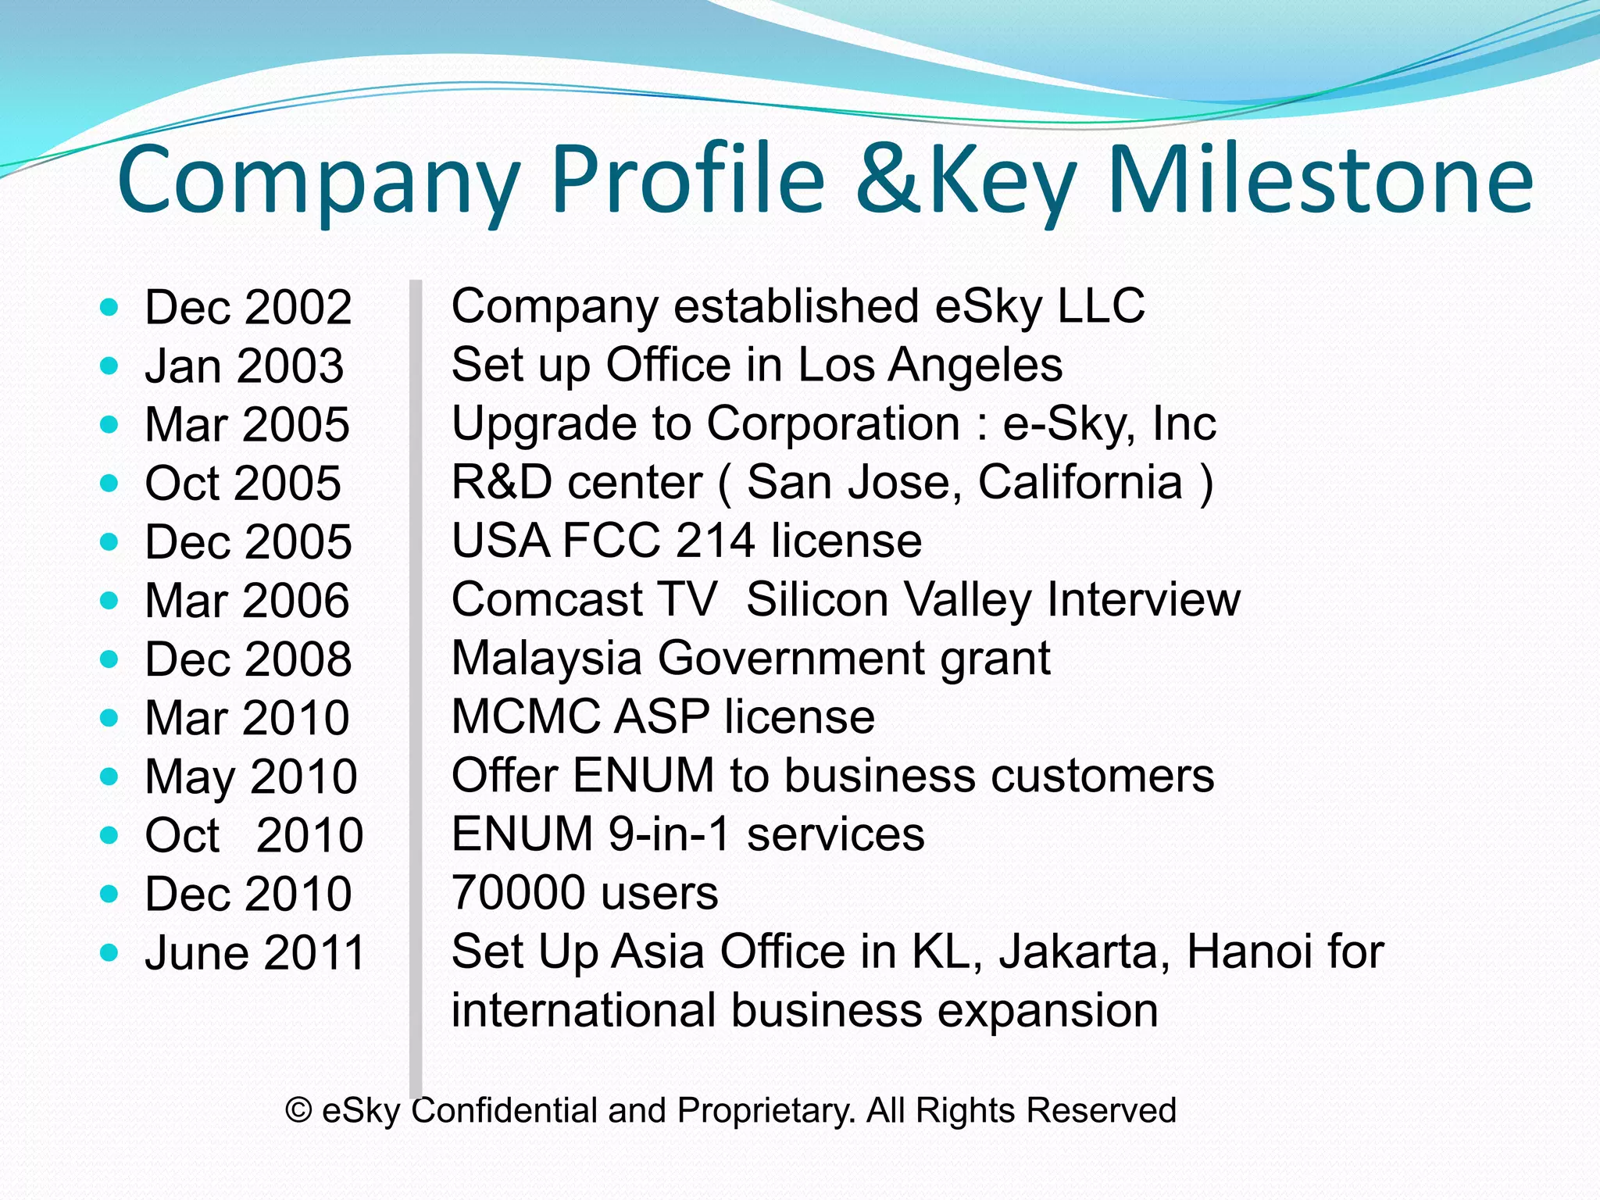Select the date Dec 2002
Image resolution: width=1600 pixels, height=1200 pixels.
pos(248,307)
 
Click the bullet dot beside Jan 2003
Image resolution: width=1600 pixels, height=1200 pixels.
pos(109,366)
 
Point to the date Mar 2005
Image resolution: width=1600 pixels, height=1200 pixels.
pos(247,425)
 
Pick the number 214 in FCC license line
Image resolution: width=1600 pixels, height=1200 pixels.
pos(715,541)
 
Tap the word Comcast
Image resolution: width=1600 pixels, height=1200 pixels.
pos(547,600)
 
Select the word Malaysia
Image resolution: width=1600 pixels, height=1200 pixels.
pos(546,659)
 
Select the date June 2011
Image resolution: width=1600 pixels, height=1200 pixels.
pos(255,953)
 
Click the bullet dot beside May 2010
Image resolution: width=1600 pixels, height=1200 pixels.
pos(109,777)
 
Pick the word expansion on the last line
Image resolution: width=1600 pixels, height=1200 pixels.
pos(1048,1011)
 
